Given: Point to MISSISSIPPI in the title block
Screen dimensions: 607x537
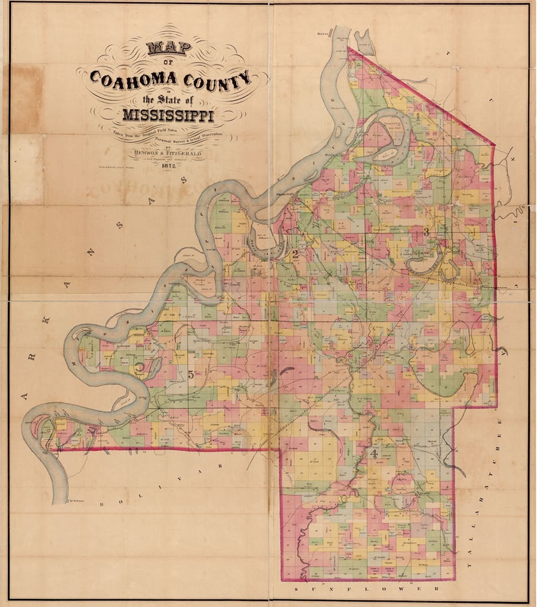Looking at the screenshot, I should [x=168, y=116].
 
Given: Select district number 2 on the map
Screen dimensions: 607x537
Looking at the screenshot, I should [x=295, y=254].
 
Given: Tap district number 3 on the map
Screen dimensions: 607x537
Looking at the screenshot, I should [x=425, y=232].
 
